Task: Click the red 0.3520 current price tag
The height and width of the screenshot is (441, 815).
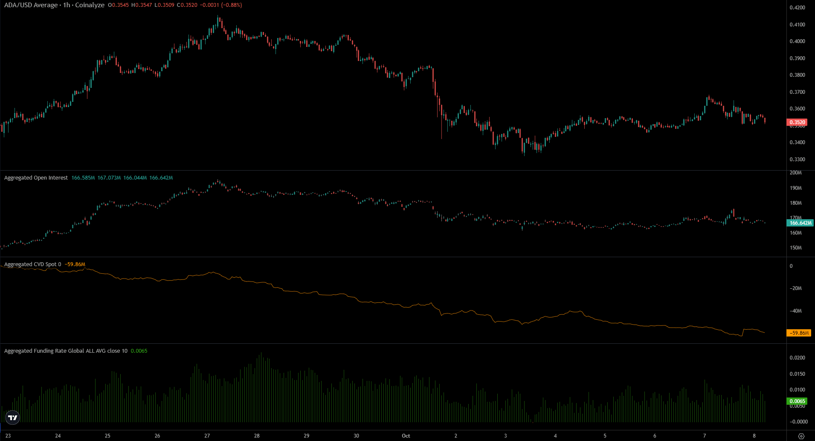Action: click(x=797, y=122)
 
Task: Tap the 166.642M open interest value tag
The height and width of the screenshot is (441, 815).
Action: click(x=800, y=223)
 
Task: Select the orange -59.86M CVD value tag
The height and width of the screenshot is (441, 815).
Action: click(x=799, y=333)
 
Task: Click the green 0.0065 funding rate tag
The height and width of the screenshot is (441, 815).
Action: click(x=797, y=401)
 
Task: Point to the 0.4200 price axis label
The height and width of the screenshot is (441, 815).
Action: click(x=797, y=8)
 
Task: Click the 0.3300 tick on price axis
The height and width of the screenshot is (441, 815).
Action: click(x=797, y=160)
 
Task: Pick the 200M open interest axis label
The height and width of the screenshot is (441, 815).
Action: click(x=795, y=173)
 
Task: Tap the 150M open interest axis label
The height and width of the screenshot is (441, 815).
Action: click(x=795, y=248)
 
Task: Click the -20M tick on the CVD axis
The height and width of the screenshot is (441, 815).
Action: click(x=795, y=288)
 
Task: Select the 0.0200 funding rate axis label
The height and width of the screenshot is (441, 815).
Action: click(x=797, y=358)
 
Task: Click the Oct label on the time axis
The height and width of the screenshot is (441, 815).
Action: click(x=406, y=436)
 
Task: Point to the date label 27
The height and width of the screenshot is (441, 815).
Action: click(x=207, y=436)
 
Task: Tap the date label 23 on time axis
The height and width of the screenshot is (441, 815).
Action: click(x=8, y=436)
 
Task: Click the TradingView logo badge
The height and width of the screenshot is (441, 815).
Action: click(x=13, y=418)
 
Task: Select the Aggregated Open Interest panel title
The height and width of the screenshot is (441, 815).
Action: click(x=36, y=178)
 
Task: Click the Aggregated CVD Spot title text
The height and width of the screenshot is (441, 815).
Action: click(x=30, y=264)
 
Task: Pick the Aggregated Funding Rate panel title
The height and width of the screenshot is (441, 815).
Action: click(x=66, y=351)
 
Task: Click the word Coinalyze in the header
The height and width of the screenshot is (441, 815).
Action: click(x=90, y=5)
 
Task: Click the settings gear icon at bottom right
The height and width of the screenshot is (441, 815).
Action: click(x=801, y=436)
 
